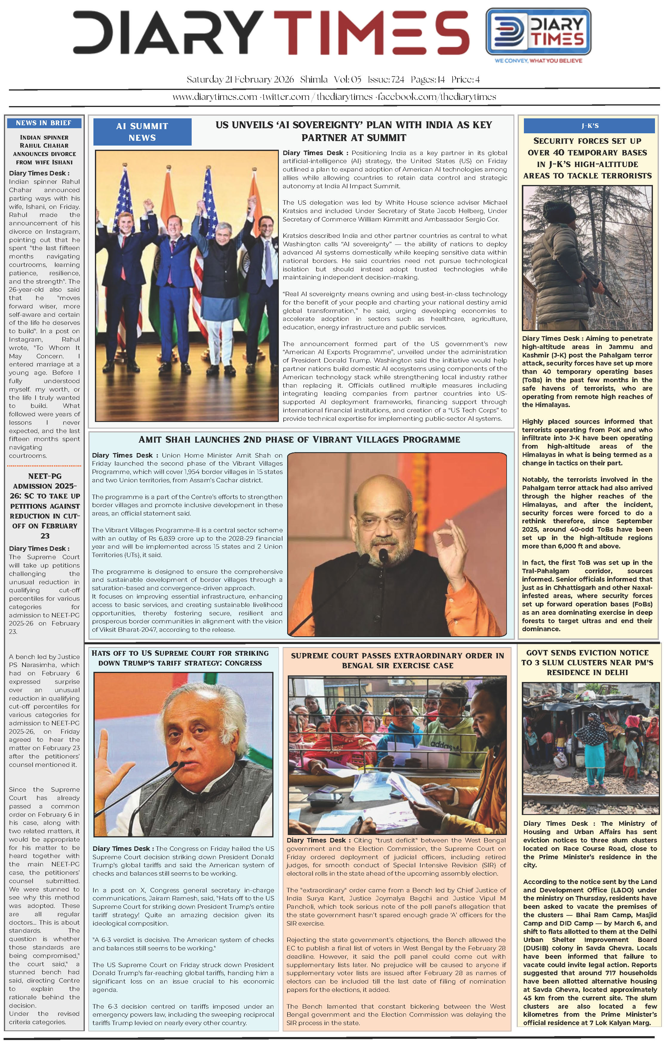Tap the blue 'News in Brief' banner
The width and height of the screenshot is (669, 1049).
(44, 123)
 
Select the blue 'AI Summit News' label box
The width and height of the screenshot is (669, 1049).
(142, 131)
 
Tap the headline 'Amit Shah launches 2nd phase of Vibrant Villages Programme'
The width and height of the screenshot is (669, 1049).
(299, 440)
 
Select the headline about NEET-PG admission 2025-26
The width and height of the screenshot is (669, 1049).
(45, 506)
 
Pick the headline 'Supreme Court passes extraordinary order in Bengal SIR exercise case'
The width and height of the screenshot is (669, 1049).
(397, 661)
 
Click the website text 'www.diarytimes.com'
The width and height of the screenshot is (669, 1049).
(215, 97)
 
